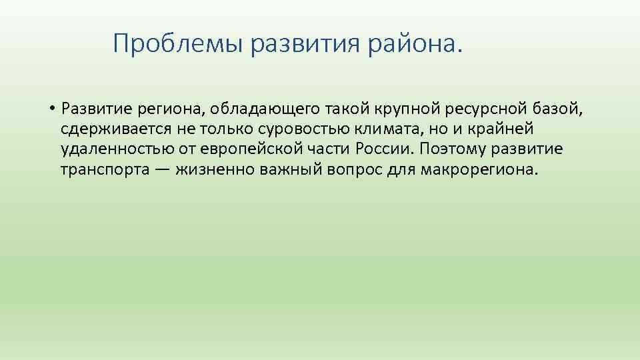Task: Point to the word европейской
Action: pyautogui.click(x=245, y=149)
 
